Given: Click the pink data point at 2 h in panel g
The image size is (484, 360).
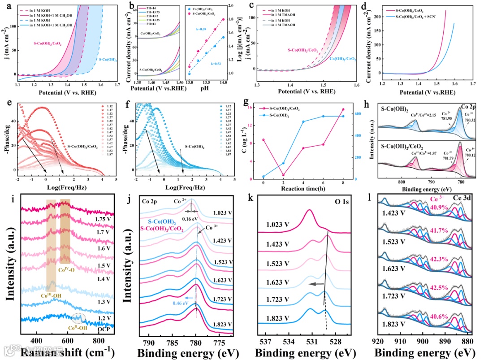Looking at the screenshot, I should tap(283, 175).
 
